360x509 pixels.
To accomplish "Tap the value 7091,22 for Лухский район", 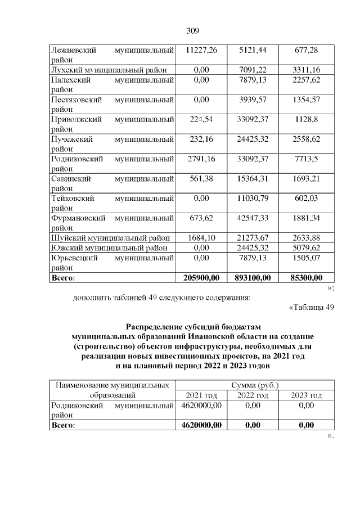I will click(x=253, y=69).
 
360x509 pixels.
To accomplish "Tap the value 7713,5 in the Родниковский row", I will click(x=307, y=160).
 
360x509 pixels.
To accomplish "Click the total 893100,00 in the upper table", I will click(x=253, y=277).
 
